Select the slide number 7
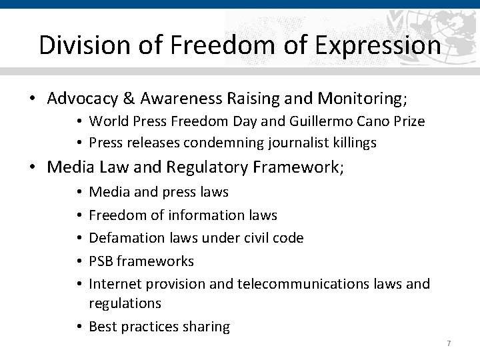point(449,343)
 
